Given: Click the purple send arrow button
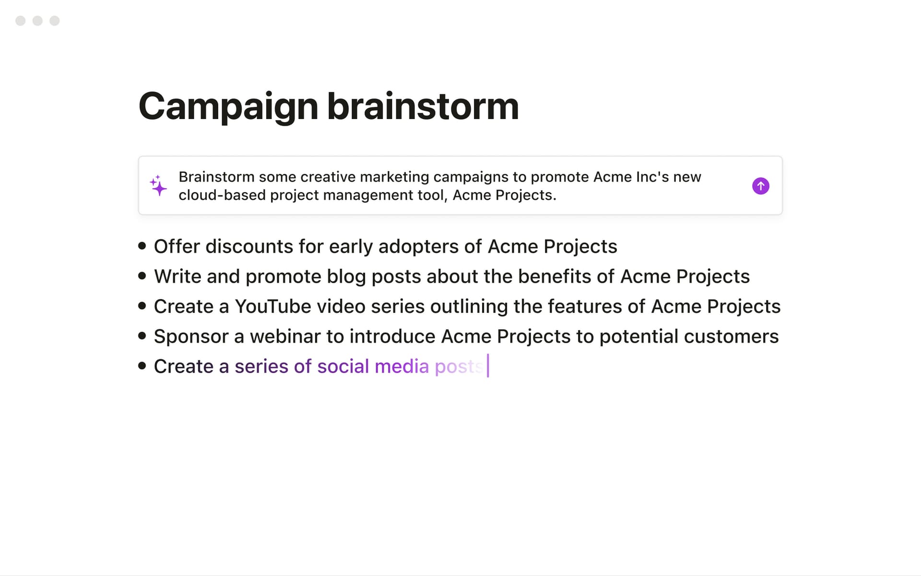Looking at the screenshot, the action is click(x=760, y=186).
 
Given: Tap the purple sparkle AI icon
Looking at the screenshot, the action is click(x=158, y=185).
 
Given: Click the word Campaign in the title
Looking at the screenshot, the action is click(x=228, y=106).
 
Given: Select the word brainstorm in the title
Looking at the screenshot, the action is click(x=423, y=106).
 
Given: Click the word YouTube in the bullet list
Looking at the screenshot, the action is click(x=272, y=306).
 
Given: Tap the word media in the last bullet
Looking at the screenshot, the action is click(x=401, y=366).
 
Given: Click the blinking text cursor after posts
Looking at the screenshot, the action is click(x=488, y=366).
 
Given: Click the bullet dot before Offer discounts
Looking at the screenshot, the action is click(x=142, y=246).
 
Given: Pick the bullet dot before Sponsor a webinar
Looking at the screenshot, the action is click(x=142, y=336).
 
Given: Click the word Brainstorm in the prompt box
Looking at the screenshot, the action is click(x=216, y=177).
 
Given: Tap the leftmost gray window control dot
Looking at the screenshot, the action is click(x=21, y=21).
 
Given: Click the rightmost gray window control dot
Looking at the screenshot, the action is click(x=55, y=21).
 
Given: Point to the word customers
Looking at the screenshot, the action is click(x=731, y=336).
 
